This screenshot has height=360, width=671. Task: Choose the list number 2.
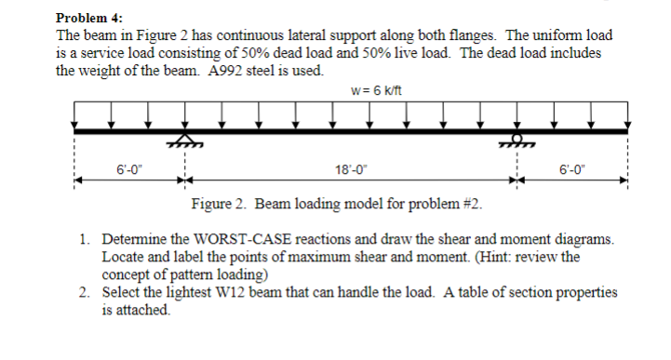[x=85, y=292]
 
